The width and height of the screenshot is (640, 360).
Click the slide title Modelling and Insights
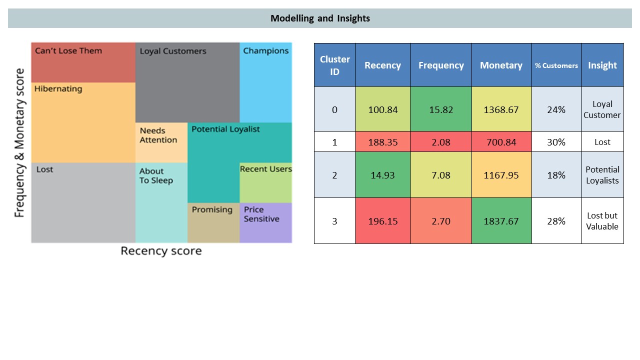[x=320, y=18]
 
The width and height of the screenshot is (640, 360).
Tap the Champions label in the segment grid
[x=265, y=51]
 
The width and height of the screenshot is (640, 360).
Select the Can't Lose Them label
[x=68, y=51]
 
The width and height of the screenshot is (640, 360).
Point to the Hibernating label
[x=58, y=89]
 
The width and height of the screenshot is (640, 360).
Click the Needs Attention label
[x=158, y=135]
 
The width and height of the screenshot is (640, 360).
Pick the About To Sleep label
[x=156, y=176]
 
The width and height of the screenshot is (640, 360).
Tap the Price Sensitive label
[x=261, y=214]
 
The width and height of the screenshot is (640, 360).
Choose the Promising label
[x=212, y=210]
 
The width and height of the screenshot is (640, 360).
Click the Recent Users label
[x=265, y=169]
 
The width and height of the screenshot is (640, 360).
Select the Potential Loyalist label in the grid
[x=225, y=129]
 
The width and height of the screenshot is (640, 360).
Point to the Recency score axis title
[x=161, y=251]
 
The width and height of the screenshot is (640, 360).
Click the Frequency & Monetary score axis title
[x=19, y=142]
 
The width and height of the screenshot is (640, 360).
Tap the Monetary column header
[x=501, y=65]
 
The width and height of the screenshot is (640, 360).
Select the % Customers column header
[x=556, y=65]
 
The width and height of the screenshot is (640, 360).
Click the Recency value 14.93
[x=382, y=175]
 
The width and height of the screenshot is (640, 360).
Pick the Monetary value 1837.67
[x=501, y=221]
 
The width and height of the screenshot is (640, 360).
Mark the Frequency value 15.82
[x=440, y=109]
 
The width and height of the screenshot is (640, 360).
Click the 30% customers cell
[x=556, y=142]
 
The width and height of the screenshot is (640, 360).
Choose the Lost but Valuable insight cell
[x=602, y=221]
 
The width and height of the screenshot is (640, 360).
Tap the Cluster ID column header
[x=334, y=65]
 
